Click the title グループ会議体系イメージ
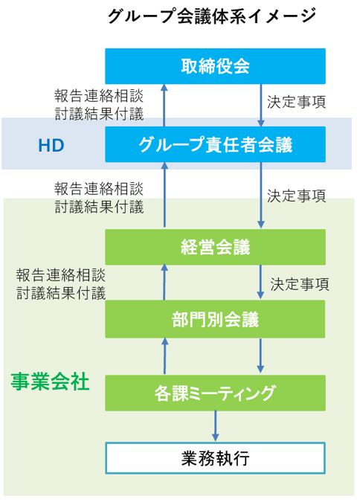[x=212, y=16]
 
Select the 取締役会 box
[x=215, y=66]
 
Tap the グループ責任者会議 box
[x=215, y=144]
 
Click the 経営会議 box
[x=215, y=247]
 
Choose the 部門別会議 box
[x=215, y=319]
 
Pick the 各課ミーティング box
[x=215, y=393]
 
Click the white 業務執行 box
[x=215, y=458]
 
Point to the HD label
[x=51, y=145]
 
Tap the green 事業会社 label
[x=50, y=382]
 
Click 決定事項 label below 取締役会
[x=297, y=102]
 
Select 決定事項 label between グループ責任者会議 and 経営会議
[x=297, y=196]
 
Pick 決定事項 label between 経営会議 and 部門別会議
[x=300, y=284]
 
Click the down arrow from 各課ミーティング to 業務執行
[x=215, y=426]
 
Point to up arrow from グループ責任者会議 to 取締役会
[x=164, y=106]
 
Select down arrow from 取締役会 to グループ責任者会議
[x=261, y=106]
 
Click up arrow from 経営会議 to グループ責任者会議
[x=164, y=195]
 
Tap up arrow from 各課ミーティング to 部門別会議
[x=164, y=356]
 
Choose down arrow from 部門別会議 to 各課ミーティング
[x=260, y=355]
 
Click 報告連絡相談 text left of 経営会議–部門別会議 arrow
[x=61, y=275]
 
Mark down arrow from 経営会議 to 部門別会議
[x=260, y=282]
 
